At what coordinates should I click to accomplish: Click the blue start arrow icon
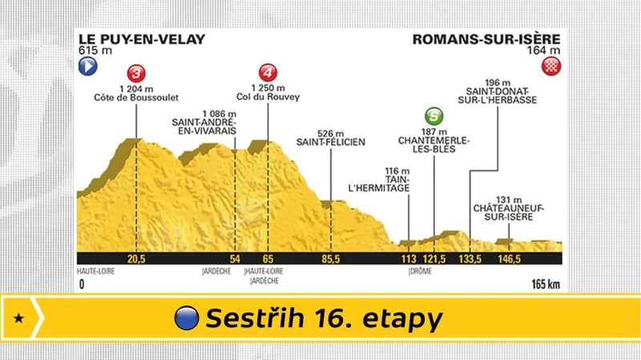point(87,67)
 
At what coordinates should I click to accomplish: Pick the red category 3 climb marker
point(137,70)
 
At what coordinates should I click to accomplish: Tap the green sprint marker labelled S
point(433,115)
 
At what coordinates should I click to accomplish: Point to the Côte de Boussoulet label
point(137,98)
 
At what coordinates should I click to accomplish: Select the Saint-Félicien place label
point(331,142)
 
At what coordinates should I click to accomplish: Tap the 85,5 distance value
point(330,259)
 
